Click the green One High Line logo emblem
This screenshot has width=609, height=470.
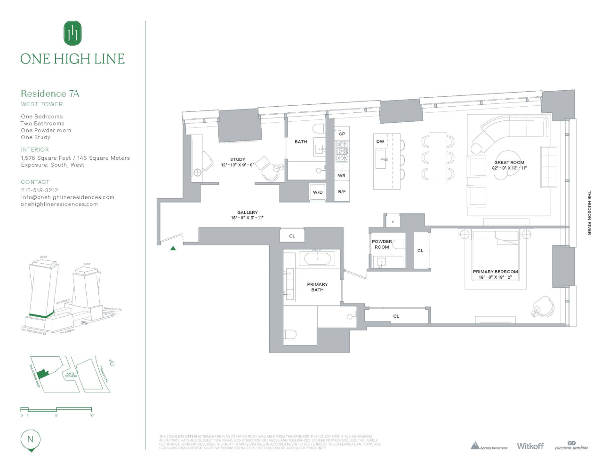coord(72,33)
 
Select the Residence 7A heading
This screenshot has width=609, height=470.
coord(50,94)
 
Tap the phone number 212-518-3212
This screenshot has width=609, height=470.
coord(40,190)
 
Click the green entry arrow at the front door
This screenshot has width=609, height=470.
coord(173,248)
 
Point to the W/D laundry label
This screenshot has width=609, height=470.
coord(318,192)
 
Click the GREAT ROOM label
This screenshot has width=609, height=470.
coord(509,163)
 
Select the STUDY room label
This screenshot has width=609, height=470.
coord(238,159)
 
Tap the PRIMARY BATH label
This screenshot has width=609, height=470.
coord(317,287)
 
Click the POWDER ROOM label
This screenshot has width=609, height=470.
coord(382,244)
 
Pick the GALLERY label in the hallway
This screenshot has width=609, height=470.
coord(247,212)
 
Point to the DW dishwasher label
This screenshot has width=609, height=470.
coord(380,141)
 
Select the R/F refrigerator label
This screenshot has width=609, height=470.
coord(342,192)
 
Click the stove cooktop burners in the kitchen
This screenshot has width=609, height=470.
coord(342,151)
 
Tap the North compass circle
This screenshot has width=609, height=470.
coord(31,440)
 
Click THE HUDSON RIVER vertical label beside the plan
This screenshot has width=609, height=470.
coord(589,212)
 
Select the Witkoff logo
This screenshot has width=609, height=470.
coord(530,446)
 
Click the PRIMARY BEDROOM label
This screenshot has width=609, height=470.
coord(495,272)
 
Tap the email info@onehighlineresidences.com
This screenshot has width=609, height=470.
coord(67,197)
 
